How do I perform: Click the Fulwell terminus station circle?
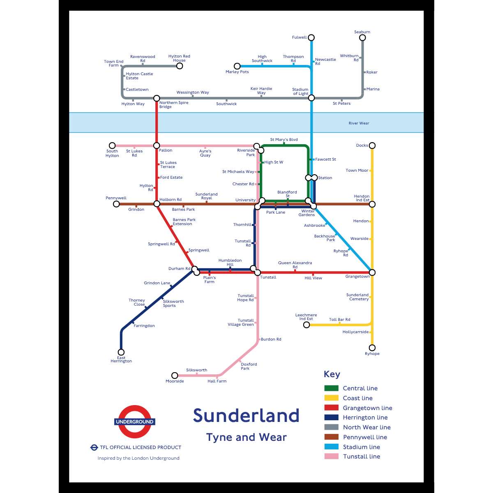311,38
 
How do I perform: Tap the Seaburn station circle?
362,38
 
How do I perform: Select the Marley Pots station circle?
237,66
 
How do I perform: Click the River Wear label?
359,123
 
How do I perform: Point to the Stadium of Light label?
300,92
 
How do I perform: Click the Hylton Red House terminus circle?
180,66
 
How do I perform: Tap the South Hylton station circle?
112,145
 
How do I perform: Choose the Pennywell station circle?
116,204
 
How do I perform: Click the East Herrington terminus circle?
121,352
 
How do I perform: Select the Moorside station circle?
175,376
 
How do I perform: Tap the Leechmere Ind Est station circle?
306,325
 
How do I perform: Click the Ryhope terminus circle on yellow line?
372,348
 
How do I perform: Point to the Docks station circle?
372,145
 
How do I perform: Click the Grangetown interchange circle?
372,272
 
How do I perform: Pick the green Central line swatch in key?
331,388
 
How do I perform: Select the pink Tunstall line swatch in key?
331,456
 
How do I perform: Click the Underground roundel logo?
135,422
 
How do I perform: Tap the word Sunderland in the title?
246,415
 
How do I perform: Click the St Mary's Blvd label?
284,140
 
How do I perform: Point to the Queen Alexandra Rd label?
295,265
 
